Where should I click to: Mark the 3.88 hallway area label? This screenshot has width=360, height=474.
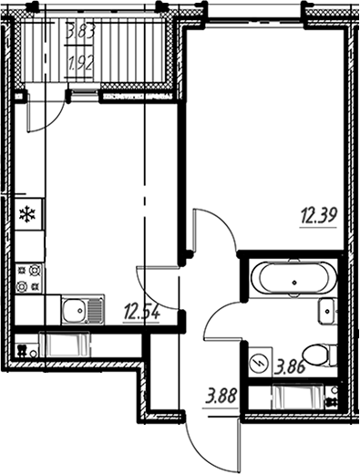[222, 397]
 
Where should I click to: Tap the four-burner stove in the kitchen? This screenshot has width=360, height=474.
[27, 278]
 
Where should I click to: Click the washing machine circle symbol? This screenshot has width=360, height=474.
[259, 363]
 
